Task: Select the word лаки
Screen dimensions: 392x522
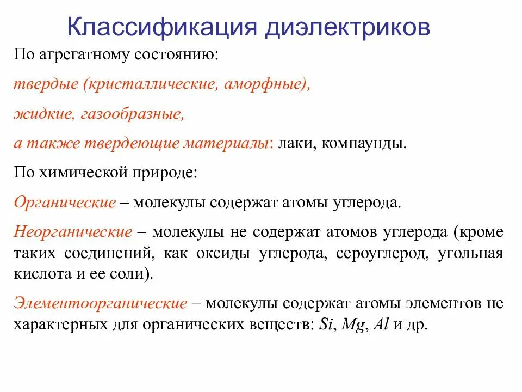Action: (x=295, y=144)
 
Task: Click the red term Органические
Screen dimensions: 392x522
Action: (x=65, y=203)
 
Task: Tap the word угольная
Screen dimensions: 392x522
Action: (x=470, y=253)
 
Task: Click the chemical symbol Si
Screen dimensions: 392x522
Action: (x=326, y=324)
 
